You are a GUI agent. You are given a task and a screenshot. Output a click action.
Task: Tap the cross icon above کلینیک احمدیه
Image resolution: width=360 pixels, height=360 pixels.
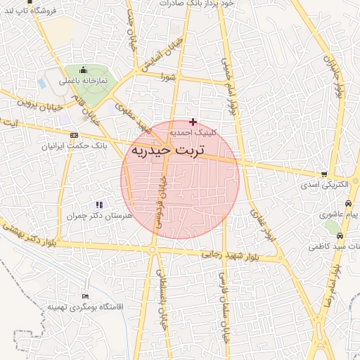193,122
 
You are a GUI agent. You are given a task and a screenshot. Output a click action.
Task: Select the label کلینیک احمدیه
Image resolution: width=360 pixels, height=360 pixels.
193,132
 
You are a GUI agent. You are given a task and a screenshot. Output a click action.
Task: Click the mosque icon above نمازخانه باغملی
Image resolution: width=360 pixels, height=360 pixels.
83,70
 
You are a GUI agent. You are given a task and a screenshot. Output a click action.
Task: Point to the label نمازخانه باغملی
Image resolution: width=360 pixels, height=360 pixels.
83,81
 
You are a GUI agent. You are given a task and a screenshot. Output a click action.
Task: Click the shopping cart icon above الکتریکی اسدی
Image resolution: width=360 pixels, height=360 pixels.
323,174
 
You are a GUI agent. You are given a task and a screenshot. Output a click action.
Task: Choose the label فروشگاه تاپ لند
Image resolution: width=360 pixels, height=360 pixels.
29,11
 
